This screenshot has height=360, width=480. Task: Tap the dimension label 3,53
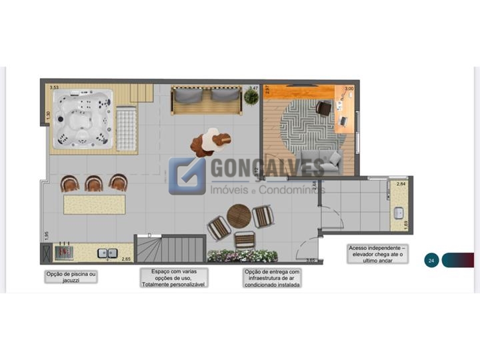[x=54, y=87]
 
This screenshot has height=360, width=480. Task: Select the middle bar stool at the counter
[x=94, y=183]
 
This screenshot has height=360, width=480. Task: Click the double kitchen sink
[x=107, y=253]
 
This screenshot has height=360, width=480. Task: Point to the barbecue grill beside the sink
[x=63, y=253]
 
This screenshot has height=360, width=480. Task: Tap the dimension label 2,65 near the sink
[x=126, y=259]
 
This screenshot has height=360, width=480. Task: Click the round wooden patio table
[x=238, y=216]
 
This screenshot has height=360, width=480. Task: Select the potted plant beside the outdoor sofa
[x=251, y=97]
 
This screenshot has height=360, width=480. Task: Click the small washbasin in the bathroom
[x=398, y=213]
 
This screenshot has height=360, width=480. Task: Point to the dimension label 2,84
[x=401, y=183]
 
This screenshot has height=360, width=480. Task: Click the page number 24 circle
[x=431, y=261]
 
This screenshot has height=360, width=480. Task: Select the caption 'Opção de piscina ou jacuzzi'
[x=71, y=277]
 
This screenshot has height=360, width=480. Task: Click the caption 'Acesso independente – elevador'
[x=377, y=254]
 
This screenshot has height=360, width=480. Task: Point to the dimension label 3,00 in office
[x=349, y=89]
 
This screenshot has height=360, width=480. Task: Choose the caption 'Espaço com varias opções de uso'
[x=173, y=277]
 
